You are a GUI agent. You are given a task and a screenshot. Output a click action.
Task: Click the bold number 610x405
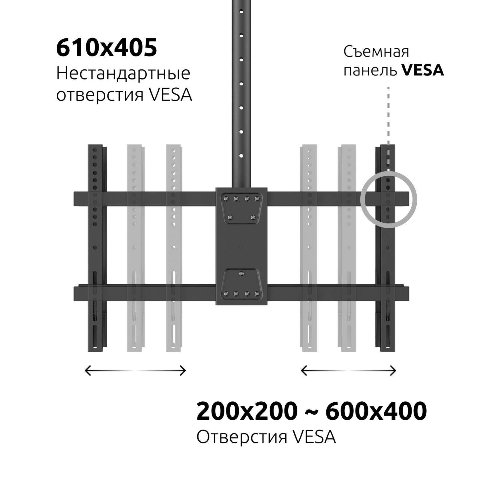click(106, 48)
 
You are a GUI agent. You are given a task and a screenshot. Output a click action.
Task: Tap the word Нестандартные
click(123, 73)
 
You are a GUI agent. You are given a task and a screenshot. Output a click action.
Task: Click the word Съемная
click(376, 52)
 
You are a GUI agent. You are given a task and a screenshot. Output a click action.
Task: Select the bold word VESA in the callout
click(423, 70)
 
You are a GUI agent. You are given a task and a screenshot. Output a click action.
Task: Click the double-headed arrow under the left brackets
click(136, 370)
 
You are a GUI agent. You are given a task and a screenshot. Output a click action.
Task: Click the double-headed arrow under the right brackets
click(348, 371)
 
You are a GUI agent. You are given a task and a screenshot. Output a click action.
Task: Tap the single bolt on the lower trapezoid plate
click(241, 274)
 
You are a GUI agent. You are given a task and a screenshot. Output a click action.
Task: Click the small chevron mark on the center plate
click(241, 247)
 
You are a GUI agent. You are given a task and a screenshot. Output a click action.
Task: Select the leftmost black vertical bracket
click(97, 248)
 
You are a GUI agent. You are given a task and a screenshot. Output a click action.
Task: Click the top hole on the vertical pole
click(241, 11)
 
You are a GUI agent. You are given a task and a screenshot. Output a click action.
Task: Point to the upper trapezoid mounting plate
click(241, 208)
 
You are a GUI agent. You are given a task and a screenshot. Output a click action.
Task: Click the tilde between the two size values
click(311, 412)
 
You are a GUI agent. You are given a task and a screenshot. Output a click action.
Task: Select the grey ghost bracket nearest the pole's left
click(174, 248)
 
